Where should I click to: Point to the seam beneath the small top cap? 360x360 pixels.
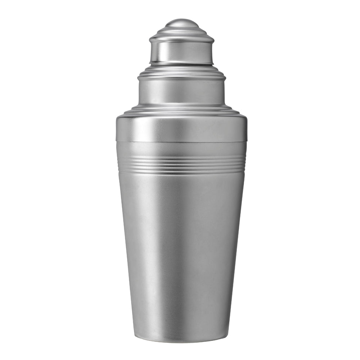pos(182,64)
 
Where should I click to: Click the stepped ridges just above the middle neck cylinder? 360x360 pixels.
pos(182,73)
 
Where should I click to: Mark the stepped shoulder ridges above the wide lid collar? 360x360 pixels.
pos(182,109)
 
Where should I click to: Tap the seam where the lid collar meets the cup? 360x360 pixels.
pos(182,141)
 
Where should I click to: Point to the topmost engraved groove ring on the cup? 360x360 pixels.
pos(182,157)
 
